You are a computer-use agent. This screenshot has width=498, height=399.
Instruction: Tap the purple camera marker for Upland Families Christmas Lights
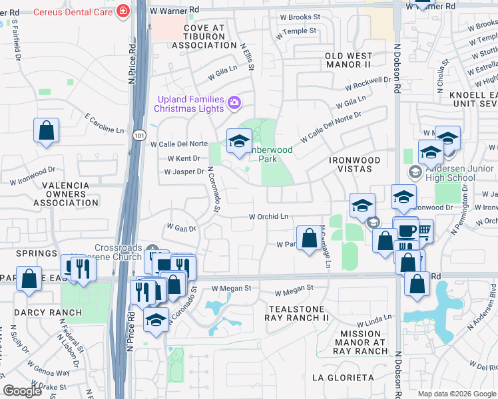click(234, 103)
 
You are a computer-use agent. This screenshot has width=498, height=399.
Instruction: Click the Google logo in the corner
click(22, 391)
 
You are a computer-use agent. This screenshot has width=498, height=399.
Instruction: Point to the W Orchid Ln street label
click(268, 216)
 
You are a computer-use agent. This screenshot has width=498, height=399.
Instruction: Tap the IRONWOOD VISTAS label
click(355, 165)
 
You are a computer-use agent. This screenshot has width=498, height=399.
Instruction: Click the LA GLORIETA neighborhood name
click(343, 377)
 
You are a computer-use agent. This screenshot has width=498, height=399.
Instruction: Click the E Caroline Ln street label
click(105, 123)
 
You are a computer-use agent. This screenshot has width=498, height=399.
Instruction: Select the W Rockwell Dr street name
click(368, 84)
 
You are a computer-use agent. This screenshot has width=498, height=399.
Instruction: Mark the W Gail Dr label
click(181, 228)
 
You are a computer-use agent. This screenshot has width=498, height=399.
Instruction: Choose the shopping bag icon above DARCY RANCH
click(29, 279)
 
